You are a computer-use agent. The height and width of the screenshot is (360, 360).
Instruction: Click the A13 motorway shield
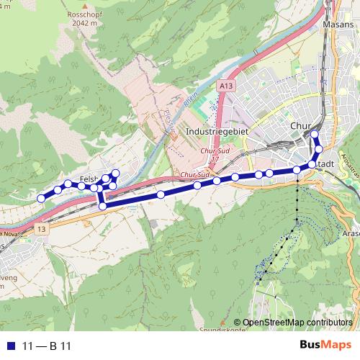tap(225, 86)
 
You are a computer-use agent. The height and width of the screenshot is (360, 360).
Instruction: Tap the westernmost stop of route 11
tap(41, 198)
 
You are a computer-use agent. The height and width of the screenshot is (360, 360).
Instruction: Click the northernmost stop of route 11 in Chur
tap(314, 135)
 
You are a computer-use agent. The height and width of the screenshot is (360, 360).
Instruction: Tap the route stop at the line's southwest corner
tap(102, 206)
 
